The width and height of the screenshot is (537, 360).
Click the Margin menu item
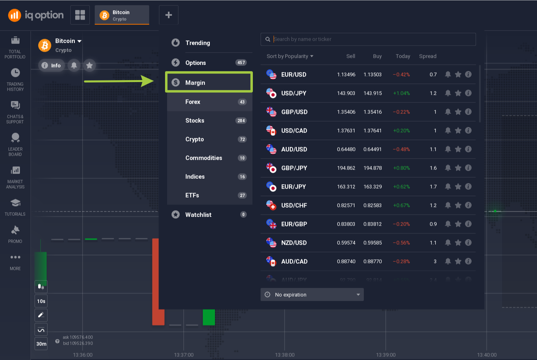pos(195,82)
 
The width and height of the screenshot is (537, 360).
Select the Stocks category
pos(195,121)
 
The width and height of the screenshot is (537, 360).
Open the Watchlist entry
pos(198,215)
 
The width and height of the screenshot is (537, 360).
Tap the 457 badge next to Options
pos(241,63)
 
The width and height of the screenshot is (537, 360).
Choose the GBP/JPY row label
pos(294,168)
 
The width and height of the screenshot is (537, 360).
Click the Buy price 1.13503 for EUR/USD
pos(373,75)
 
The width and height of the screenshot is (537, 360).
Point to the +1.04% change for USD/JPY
pos(401,93)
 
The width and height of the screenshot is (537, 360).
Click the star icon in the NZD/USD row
pos(458,243)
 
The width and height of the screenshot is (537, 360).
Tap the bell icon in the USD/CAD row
pos(448,130)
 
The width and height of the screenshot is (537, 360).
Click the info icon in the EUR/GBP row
pos(468,224)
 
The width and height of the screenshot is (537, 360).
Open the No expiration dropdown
pos(312,295)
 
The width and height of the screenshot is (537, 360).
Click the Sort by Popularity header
pos(290,56)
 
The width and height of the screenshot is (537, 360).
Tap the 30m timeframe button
pos(41,344)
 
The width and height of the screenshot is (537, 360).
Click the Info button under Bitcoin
pos(52,65)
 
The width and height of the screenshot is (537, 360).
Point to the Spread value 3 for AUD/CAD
pos(435,261)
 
